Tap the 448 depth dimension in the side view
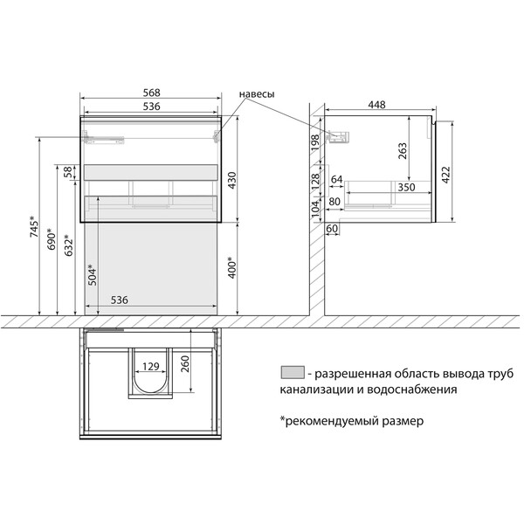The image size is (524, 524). click(x=376, y=105)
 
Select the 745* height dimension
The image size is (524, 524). click(x=33, y=226)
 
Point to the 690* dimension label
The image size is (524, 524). click(x=50, y=240)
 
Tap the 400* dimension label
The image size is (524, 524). click(x=231, y=267)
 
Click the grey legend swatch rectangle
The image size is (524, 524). click(x=293, y=373)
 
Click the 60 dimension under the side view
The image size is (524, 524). click(x=332, y=229)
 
